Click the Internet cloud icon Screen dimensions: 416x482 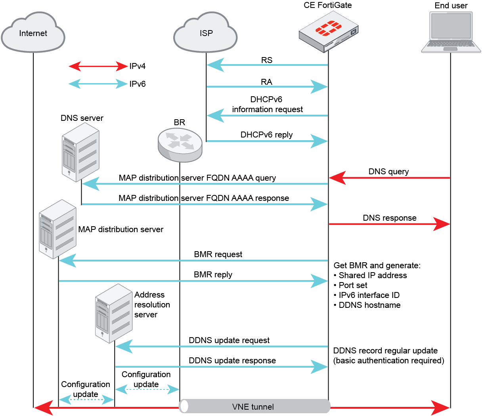tap(33, 33)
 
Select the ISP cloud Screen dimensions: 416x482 tap(206, 33)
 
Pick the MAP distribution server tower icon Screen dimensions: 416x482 tap(57, 229)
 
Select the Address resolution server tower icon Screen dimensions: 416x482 tap(114, 313)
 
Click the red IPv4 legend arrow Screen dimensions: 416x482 tap(98, 66)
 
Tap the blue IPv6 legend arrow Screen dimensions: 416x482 tap(98, 84)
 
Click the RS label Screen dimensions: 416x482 tap(267, 60)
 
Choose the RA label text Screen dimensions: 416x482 tap(266, 82)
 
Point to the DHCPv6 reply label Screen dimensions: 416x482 tap(266, 135)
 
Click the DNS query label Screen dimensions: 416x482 tap(388, 172)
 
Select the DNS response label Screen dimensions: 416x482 tap(390, 218)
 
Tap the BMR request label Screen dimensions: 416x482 tap(218, 254)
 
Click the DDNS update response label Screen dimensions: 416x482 tap(232, 361)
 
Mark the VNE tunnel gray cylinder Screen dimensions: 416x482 tap(254, 406)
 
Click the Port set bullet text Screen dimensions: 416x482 tap(353, 285)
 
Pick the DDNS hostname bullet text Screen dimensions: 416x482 tap(369, 305)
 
